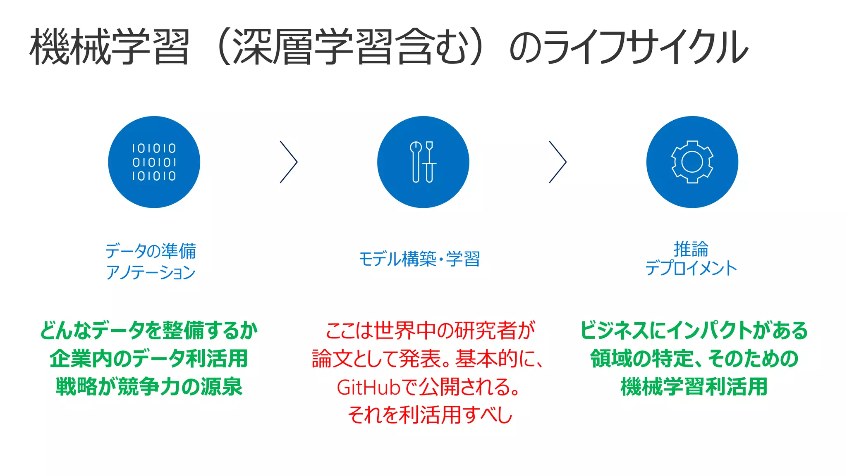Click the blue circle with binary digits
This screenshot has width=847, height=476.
154,162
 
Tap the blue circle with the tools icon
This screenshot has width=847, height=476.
423,162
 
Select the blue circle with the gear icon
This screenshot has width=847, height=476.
692,162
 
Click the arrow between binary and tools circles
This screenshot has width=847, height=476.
289,162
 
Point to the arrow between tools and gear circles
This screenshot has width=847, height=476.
557,162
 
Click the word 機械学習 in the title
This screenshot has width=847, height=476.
110,46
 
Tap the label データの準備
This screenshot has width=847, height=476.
151,251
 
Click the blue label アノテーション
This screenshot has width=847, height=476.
151,272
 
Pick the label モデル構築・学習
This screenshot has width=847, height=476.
419,259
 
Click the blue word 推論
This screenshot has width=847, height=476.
691,249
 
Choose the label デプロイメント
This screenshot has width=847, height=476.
691,268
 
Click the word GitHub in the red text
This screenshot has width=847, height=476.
368,388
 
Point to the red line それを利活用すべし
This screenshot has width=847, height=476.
430,415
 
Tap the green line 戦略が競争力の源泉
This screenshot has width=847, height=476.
149,387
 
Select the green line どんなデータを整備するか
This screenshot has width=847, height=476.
149,331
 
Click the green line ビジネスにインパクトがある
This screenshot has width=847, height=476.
694,331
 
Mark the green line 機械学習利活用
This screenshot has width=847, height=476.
694,387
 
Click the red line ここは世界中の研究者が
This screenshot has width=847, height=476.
430,331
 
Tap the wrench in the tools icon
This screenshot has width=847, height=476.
416,161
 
